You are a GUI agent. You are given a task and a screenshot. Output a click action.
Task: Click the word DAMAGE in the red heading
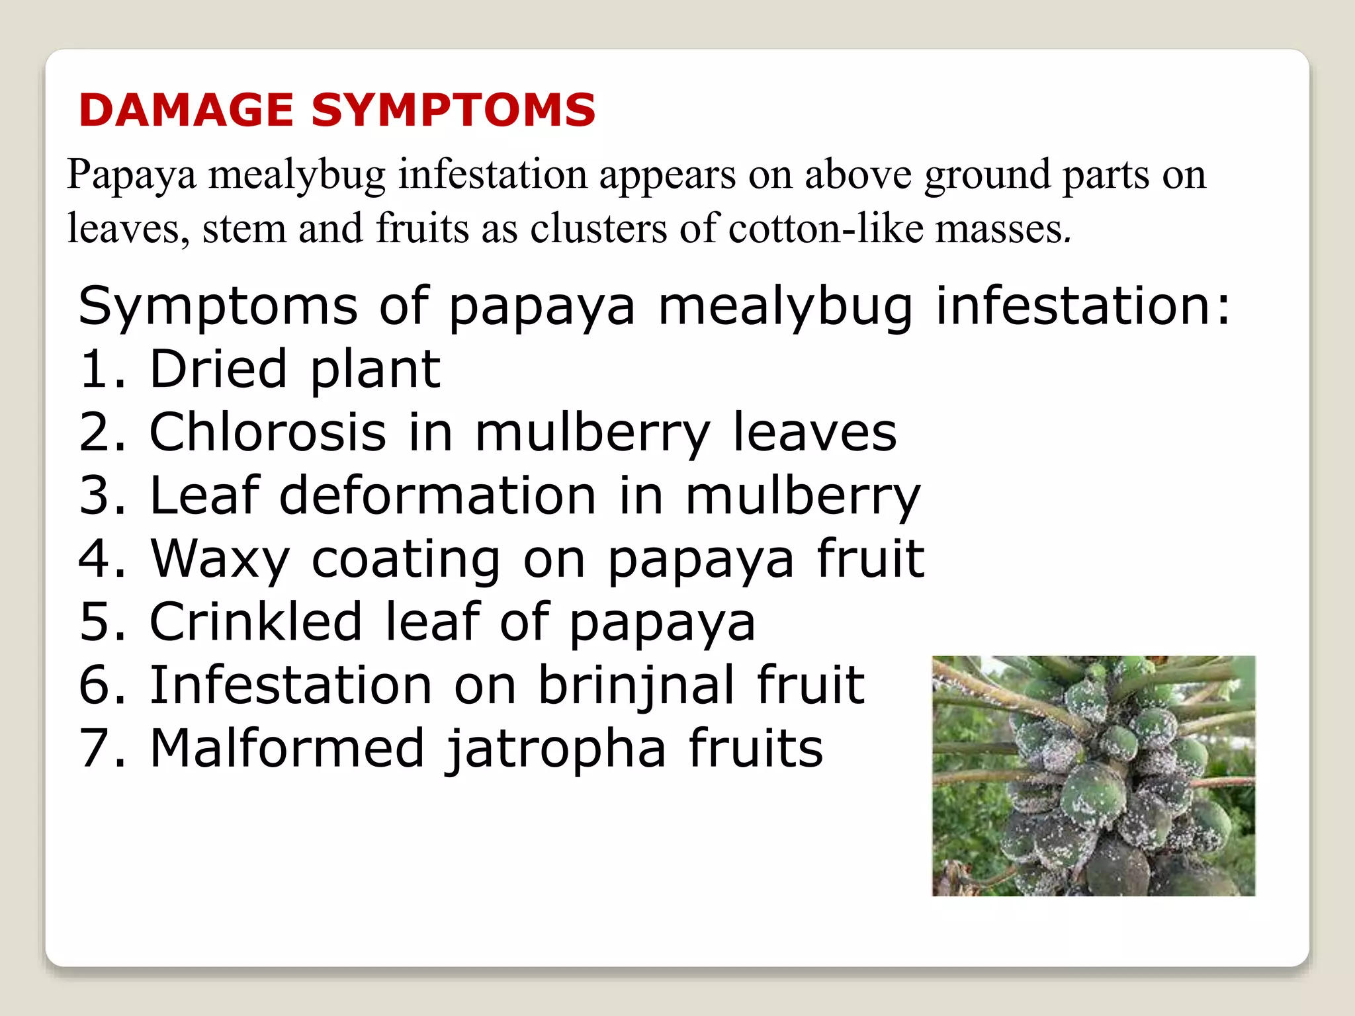click(x=186, y=110)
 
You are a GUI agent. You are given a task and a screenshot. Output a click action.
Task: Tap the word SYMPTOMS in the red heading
click(x=453, y=110)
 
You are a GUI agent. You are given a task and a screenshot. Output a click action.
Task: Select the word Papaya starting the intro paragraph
click(x=132, y=175)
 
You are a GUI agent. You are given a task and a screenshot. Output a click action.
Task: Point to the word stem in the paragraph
click(x=244, y=229)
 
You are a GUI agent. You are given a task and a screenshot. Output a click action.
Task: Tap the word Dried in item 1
click(x=218, y=369)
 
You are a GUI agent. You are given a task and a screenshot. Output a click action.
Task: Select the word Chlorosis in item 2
click(x=268, y=433)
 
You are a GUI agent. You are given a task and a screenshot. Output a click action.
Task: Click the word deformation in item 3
click(x=437, y=495)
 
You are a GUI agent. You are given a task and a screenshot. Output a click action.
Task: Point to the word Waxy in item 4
click(x=220, y=560)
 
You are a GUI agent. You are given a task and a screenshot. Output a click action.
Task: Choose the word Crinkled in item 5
click(x=256, y=622)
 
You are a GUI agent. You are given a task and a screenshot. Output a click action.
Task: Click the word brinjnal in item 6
click(x=636, y=685)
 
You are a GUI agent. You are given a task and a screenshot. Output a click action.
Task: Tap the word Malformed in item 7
click(x=287, y=748)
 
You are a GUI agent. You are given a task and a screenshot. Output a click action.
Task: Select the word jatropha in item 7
click(x=555, y=749)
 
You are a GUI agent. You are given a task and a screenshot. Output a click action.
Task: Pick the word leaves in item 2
click(x=814, y=433)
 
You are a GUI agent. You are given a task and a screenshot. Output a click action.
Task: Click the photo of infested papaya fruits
click(x=1093, y=776)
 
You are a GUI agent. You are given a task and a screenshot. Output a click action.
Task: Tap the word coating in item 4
click(x=406, y=560)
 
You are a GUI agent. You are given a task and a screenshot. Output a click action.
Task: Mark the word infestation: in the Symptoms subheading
click(x=1083, y=306)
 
